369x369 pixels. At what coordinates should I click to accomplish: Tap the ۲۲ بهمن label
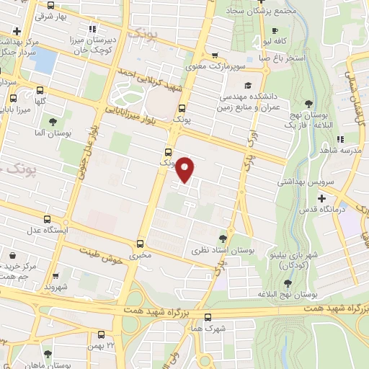[x=101, y=347]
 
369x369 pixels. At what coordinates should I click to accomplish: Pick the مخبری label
[x=141, y=256]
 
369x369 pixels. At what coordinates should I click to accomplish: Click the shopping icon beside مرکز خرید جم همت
[x=13, y=254]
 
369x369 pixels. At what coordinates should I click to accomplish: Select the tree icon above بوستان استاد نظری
[x=223, y=237]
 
